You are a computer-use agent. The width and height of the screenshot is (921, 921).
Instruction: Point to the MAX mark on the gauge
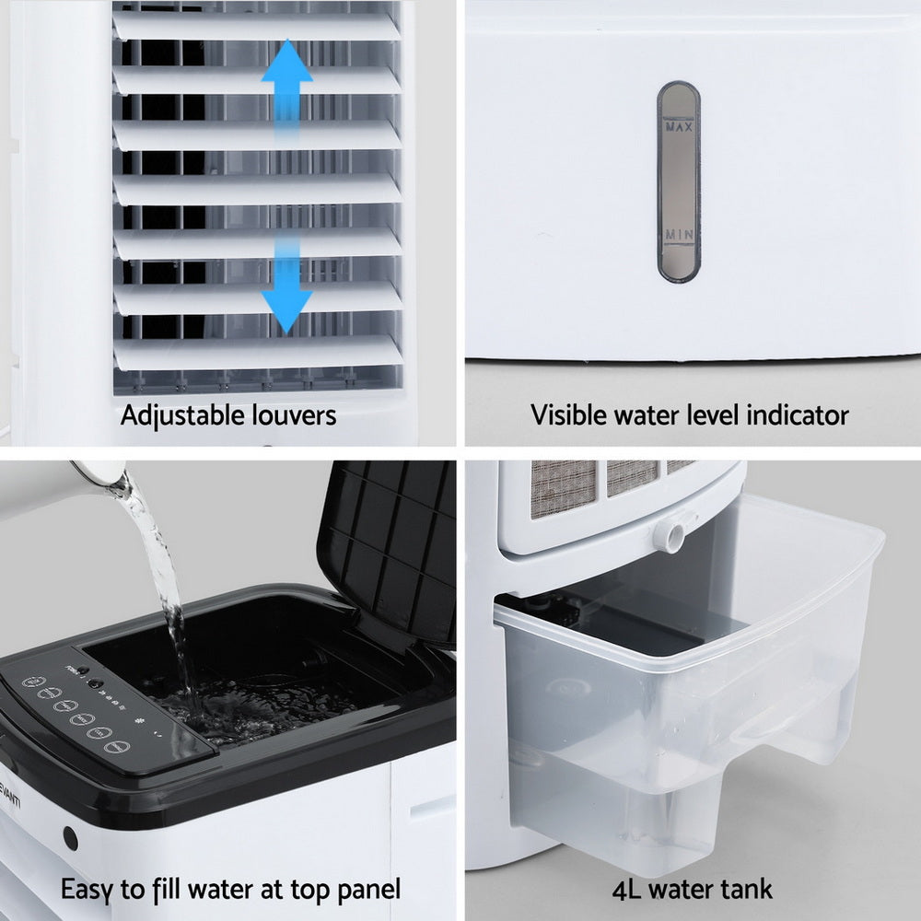679,128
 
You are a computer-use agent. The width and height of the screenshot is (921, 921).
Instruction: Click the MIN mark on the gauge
679,236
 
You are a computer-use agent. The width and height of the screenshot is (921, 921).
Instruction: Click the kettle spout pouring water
103,474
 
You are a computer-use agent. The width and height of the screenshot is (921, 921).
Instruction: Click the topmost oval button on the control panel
30,683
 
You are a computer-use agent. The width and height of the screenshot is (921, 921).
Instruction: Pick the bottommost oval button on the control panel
115,745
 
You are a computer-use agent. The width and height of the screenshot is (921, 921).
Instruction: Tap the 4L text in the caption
630,890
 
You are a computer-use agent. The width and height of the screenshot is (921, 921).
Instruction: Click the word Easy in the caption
89,890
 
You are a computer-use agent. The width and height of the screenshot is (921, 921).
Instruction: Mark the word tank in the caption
745,890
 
